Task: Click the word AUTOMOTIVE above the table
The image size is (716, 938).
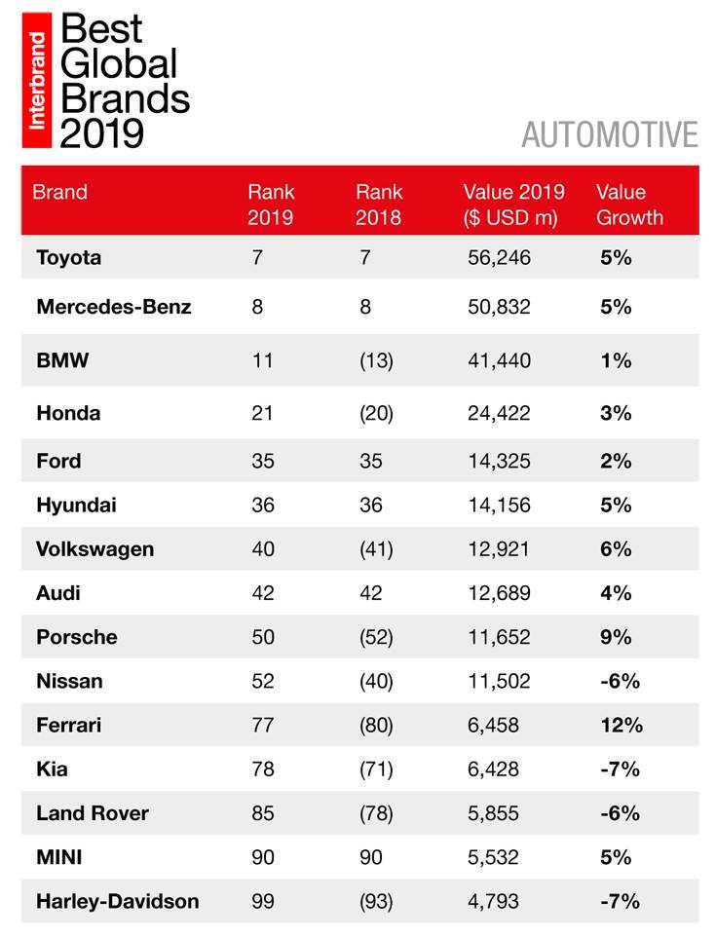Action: click(x=610, y=134)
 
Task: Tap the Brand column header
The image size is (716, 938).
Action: click(x=59, y=192)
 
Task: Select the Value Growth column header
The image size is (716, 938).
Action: click(x=628, y=204)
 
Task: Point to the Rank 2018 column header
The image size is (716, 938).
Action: click(x=379, y=204)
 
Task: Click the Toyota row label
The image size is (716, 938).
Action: click(x=68, y=258)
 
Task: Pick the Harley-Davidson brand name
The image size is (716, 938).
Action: click(x=117, y=901)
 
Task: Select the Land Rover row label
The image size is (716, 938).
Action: click(x=92, y=812)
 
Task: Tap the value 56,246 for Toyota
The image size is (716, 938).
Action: click(x=499, y=258)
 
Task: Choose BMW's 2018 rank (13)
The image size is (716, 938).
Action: click(x=374, y=360)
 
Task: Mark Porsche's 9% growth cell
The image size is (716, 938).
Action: click(x=615, y=637)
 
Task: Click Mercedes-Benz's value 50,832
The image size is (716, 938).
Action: click(x=499, y=307)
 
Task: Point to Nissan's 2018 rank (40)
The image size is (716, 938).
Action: click(x=374, y=682)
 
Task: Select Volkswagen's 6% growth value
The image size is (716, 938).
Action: click(x=615, y=549)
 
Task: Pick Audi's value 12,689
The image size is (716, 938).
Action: click(x=499, y=593)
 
